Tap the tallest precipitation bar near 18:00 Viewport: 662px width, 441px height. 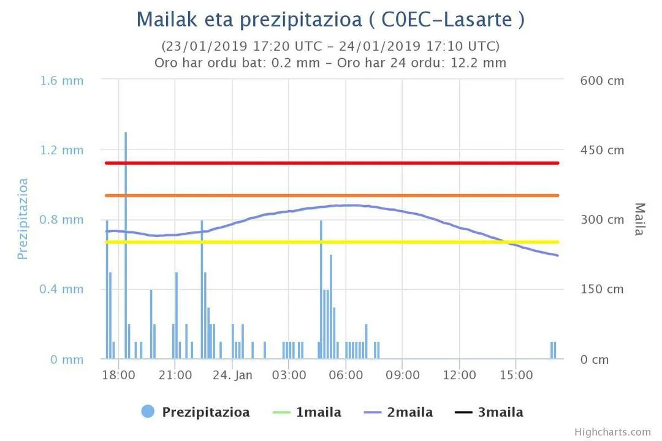point(126,245)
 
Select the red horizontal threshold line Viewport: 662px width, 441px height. point(331,163)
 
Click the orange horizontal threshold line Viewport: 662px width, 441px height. point(331,195)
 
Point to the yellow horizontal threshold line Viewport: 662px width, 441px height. point(331,242)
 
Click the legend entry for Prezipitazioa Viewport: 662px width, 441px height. point(196,412)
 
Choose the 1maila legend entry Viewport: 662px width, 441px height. point(306,412)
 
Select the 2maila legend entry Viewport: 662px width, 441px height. point(398,412)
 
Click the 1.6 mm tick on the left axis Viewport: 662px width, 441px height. point(62,81)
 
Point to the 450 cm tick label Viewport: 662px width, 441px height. point(602,150)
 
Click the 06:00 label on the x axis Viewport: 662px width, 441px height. point(346,375)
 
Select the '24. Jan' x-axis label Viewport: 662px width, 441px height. point(232,375)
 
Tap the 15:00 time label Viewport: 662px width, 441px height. point(516,375)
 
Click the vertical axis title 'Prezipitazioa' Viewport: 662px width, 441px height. point(23,219)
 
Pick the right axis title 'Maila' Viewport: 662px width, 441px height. point(639,219)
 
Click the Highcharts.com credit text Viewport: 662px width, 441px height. point(612,432)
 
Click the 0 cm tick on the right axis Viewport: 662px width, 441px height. point(595,360)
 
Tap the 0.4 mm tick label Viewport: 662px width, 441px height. point(62,289)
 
